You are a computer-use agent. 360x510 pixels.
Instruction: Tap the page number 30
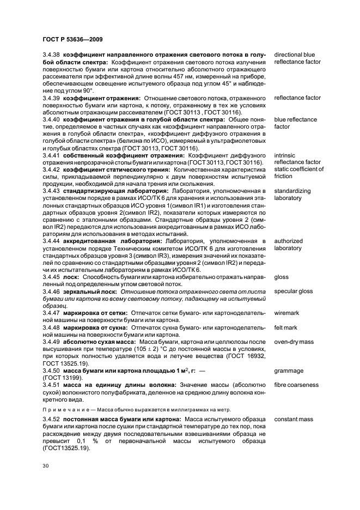[46, 466]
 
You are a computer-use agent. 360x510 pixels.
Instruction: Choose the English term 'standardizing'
[292, 191]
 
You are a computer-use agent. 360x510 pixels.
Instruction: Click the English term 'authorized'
[288, 241]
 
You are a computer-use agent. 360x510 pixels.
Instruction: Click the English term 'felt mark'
[286, 327]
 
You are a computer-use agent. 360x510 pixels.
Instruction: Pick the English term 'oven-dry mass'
[294, 342]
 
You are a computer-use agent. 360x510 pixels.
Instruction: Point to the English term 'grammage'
[289, 371]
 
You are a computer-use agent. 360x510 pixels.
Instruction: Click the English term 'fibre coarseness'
[296, 385]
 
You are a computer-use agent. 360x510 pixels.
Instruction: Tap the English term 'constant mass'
[294, 420]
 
